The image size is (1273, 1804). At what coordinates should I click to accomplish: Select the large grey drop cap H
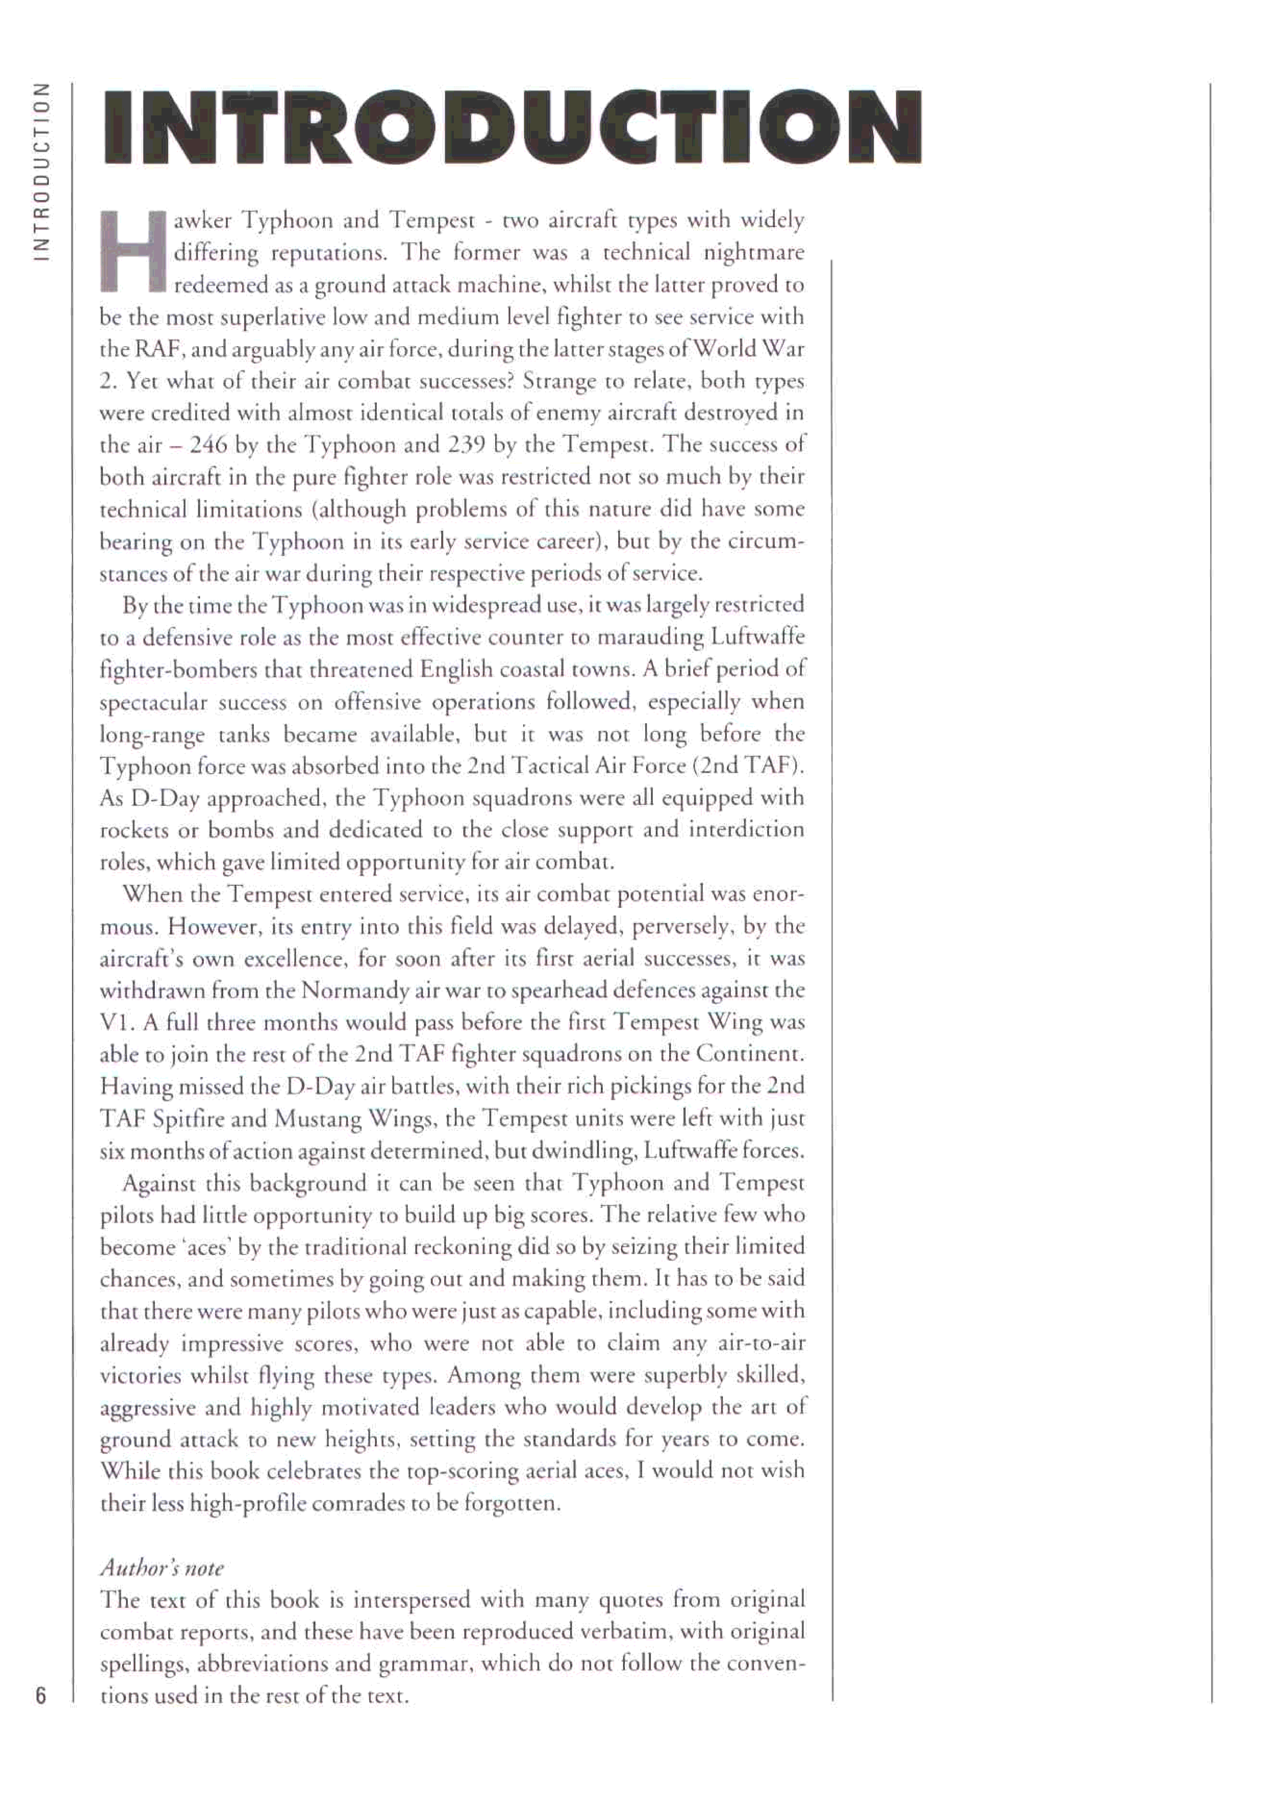[x=134, y=251]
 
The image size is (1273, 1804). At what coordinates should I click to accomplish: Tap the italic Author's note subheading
[x=162, y=1569]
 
